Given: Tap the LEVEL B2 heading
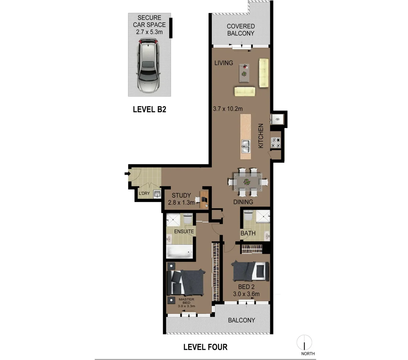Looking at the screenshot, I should pos(149,109).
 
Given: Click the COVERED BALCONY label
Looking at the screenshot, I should pos(241,30).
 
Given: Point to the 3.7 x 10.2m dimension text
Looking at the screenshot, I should pos(228,109).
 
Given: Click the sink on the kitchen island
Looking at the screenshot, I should pos(246,144).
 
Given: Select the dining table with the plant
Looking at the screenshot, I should pos(247,182).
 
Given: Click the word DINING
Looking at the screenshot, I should pos(243,202).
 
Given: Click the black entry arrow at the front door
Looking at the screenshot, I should pos(127,174).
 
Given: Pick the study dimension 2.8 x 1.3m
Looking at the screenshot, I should pos(181,202).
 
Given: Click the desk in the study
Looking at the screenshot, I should pos(204,199).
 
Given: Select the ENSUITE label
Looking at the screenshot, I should pos(184,231).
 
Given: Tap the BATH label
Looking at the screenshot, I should pos(248,233).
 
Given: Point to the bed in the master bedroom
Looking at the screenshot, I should pos(185,282).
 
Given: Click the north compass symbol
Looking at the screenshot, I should pos(304,342).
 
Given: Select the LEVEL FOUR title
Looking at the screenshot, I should pos(205,347).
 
